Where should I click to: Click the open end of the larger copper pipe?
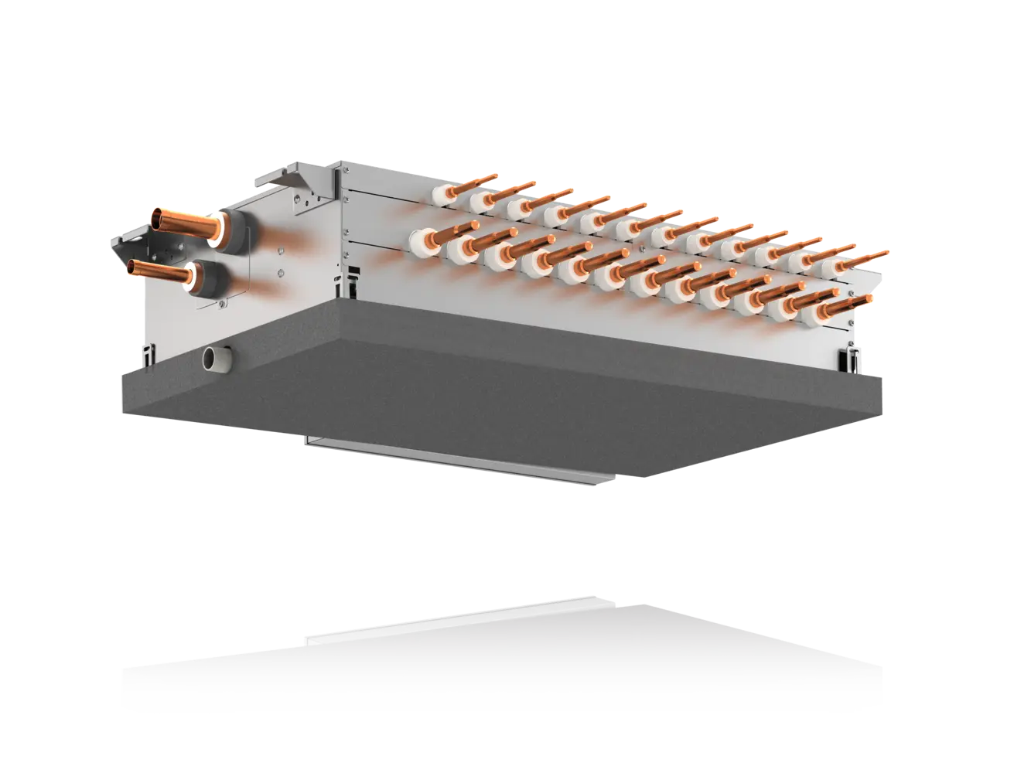tap(159, 219)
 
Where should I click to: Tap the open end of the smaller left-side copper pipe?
tap(135, 267)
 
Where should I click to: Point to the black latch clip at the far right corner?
tap(850, 356)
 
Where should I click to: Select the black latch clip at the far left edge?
tap(148, 356)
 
